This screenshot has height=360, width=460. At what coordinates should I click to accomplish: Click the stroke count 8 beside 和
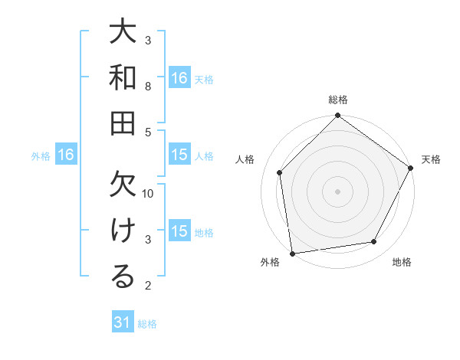point(148,87)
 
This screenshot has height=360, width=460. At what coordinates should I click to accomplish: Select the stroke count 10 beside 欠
point(149,193)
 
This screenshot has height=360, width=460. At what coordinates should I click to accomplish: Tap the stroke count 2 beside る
point(148,286)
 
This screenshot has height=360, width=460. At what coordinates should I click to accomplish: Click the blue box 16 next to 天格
point(179,78)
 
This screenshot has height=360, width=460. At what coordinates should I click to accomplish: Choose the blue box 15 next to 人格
point(179,155)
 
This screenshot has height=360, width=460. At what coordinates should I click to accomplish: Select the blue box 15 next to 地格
point(179,231)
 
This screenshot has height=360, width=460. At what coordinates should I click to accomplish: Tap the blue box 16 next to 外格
point(66,155)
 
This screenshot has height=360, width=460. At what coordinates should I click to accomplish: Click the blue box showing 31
point(123,323)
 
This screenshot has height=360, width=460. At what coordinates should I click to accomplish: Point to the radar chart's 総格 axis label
point(338,100)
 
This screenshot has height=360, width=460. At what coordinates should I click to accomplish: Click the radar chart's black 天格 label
point(431,159)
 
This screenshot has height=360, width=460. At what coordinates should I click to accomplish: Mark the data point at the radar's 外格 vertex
point(292,254)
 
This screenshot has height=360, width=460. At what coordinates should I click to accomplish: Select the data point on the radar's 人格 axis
point(280,172)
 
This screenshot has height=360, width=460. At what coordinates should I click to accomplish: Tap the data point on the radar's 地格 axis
point(374,241)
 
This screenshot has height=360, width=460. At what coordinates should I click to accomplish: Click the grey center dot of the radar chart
point(338,191)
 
